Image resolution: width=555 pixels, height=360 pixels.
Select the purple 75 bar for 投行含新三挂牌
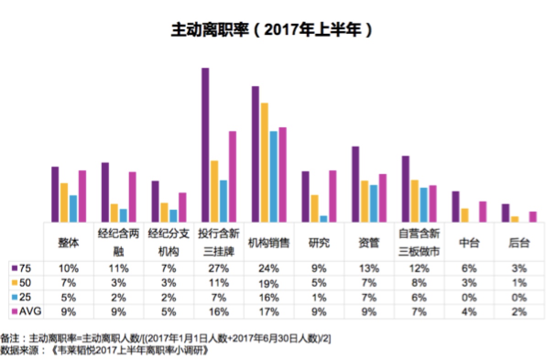click(205, 145)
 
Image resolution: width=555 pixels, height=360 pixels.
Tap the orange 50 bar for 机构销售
click(264, 163)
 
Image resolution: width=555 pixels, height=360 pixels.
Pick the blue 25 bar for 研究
click(323, 218)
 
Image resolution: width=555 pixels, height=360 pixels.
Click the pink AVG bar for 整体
click(82, 196)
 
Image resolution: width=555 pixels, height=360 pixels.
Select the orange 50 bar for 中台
click(465, 215)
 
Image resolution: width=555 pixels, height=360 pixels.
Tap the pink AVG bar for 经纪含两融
click(132, 197)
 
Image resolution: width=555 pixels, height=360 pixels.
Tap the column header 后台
click(519, 243)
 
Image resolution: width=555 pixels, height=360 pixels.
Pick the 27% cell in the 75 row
click(218, 268)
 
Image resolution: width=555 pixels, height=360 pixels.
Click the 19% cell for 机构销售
click(269, 284)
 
